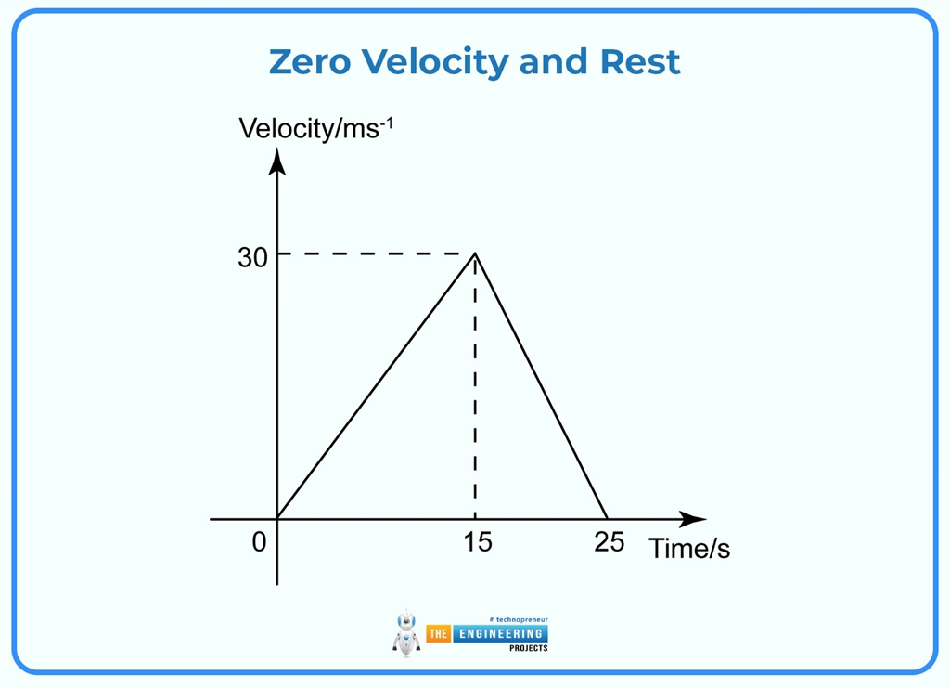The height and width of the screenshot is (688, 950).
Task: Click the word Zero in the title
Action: click(x=310, y=62)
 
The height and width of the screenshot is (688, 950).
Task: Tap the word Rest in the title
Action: click(x=640, y=62)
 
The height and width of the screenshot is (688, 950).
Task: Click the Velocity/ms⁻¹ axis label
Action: click(x=315, y=128)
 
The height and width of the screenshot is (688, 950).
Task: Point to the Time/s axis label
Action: click(x=689, y=549)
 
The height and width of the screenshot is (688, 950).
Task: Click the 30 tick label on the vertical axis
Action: click(x=252, y=258)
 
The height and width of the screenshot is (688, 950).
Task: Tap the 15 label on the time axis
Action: click(x=477, y=542)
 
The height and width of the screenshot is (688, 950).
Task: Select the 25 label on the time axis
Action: click(x=609, y=542)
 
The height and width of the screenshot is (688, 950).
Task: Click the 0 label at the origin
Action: click(x=259, y=542)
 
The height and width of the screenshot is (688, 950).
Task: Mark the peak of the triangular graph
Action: click(x=475, y=253)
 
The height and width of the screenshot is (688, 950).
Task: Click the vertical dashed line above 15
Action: click(x=475, y=390)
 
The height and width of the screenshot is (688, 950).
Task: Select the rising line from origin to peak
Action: click(x=376, y=386)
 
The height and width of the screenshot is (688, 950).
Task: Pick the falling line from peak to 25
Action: click(x=541, y=386)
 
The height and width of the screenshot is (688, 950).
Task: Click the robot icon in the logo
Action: click(x=406, y=634)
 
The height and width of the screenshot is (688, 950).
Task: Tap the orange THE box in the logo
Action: click(x=438, y=633)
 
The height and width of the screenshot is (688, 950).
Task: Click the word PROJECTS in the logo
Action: click(x=528, y=648)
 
